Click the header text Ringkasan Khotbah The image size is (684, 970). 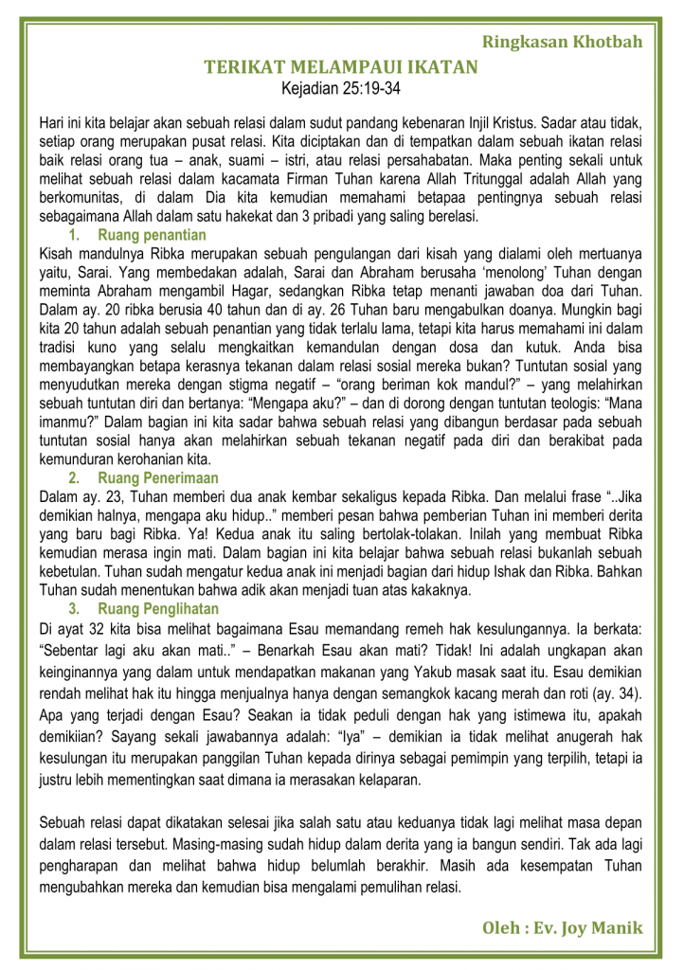(x=562, y=42)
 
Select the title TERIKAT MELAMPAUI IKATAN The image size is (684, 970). (x=341, y=68)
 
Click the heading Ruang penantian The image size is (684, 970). (x=152, y=234)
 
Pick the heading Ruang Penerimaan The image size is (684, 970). (x=158, y=478)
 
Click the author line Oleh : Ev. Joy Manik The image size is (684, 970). (x=562, y=927)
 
